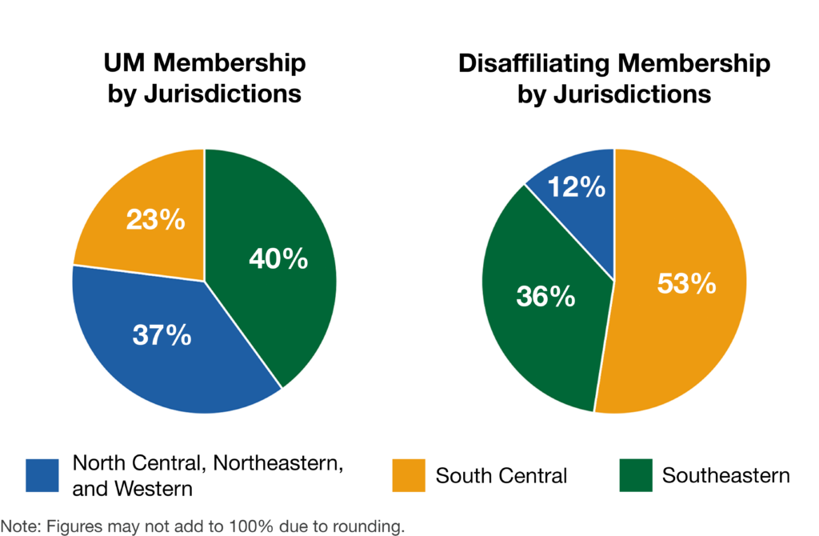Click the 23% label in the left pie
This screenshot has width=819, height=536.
155,220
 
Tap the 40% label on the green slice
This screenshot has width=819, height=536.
278,259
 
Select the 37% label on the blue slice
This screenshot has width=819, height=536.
162,334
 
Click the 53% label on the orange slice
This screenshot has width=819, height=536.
685,284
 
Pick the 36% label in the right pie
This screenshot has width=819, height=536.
545,296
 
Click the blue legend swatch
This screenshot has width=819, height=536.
42,475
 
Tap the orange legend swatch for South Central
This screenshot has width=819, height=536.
408,475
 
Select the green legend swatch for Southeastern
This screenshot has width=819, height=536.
636,475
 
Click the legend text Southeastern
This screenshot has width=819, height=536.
725,476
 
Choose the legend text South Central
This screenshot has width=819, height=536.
501,476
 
